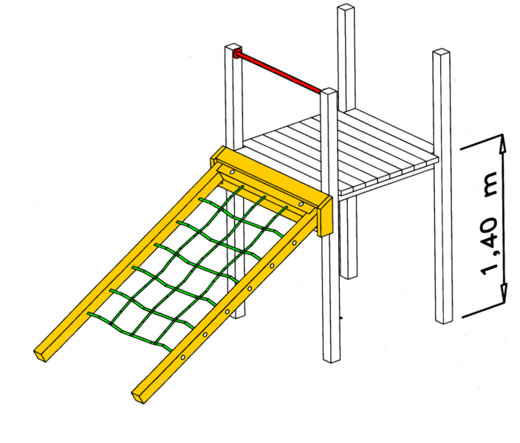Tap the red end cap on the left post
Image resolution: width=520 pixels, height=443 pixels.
[237, 54]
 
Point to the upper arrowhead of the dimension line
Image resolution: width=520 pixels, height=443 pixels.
[503, 143]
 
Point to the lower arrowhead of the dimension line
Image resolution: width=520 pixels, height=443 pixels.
[504, 294]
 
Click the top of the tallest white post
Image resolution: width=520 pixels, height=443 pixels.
[346, 7]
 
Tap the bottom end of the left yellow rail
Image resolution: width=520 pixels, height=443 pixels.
[41, 355]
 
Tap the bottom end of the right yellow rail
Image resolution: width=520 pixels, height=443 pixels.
[140, 397]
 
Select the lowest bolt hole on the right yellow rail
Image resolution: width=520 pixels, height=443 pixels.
[182, 358]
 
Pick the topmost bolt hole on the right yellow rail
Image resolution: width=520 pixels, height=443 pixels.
[294, 243]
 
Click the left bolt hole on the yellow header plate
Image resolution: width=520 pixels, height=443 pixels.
[232, 173]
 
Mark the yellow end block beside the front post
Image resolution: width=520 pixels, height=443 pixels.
[325, 216]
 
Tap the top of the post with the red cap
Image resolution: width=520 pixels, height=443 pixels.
[233, 46]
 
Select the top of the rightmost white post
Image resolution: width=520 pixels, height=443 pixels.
[441, 52]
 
